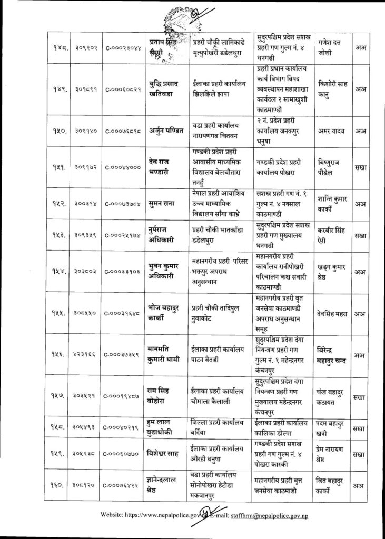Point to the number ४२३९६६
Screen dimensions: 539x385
pyautogui.click(x=81, y=355)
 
